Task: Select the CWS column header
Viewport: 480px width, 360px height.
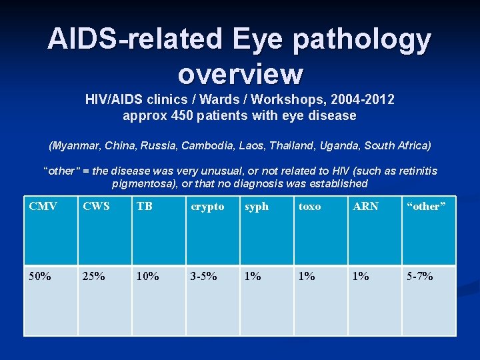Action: [96, 207]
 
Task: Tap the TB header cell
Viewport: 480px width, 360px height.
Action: [144, 207]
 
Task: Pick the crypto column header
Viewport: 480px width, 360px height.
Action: [207, 207]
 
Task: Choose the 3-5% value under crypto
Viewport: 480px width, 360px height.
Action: [204, 275]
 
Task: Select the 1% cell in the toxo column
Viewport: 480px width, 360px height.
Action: [307, 275]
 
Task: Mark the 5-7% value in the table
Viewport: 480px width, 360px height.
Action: [420, 275]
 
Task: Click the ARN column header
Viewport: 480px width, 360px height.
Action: [365, 207]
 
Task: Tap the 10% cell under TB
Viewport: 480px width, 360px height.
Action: [149, 275]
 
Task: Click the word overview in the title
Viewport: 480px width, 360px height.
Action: [240, 73]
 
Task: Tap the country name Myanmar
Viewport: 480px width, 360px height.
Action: [75, 145]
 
